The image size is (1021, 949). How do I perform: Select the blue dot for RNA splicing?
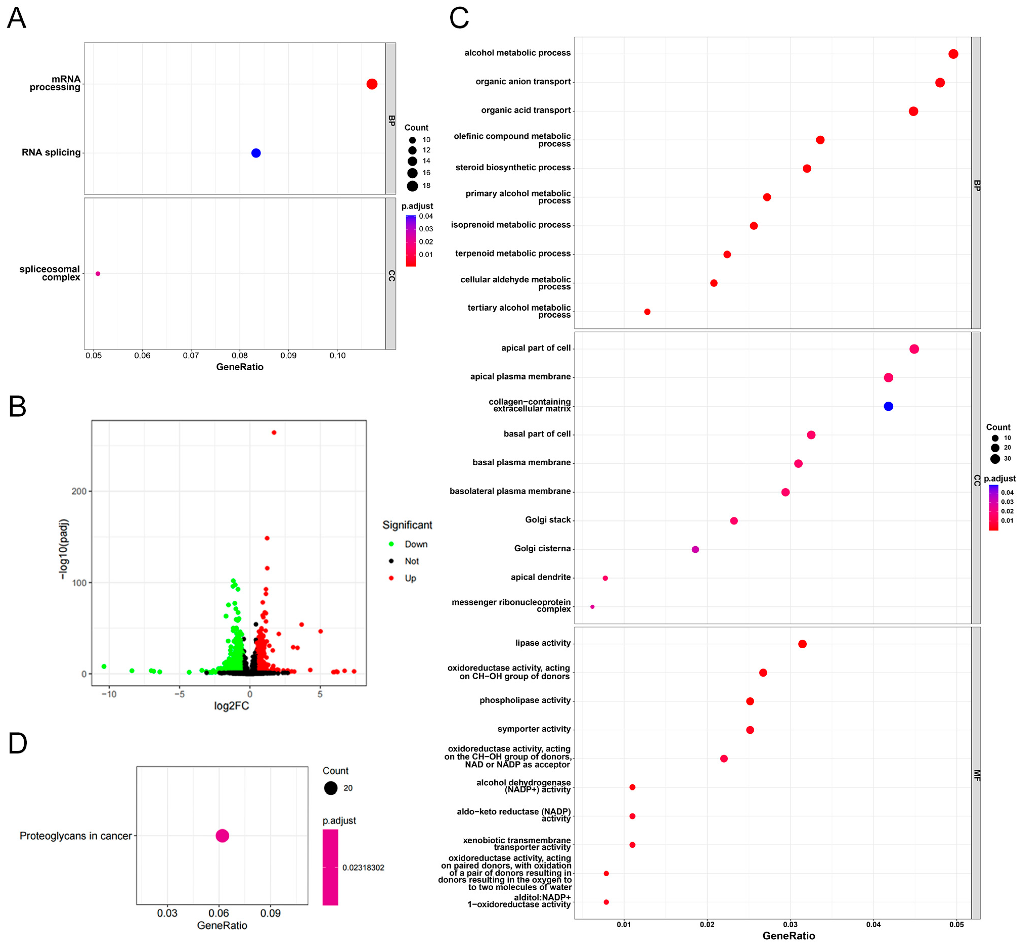pos(256,153)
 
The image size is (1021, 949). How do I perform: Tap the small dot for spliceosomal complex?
pos(98,274)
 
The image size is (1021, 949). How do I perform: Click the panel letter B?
pos(17,407)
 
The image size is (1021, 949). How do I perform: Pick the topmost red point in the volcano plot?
pos(274,432)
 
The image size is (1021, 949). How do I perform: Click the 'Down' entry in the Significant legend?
pos(416,544)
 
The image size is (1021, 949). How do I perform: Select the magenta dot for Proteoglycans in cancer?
pos(222,836)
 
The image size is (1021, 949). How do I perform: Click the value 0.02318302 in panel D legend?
pos(363,868)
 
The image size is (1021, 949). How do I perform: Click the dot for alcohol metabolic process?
pos(953,54)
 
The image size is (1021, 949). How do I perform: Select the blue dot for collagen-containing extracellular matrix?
pos(888,406)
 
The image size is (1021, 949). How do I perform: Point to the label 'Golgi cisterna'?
pos(542,549)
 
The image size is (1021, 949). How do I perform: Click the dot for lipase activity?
pos(802,644)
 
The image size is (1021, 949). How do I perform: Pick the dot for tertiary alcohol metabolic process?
pos(647,312)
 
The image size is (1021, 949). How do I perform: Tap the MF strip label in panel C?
pos(976,775)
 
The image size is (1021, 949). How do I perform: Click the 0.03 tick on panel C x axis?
pos(791,924)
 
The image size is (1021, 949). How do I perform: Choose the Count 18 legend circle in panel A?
pos(413,186)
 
